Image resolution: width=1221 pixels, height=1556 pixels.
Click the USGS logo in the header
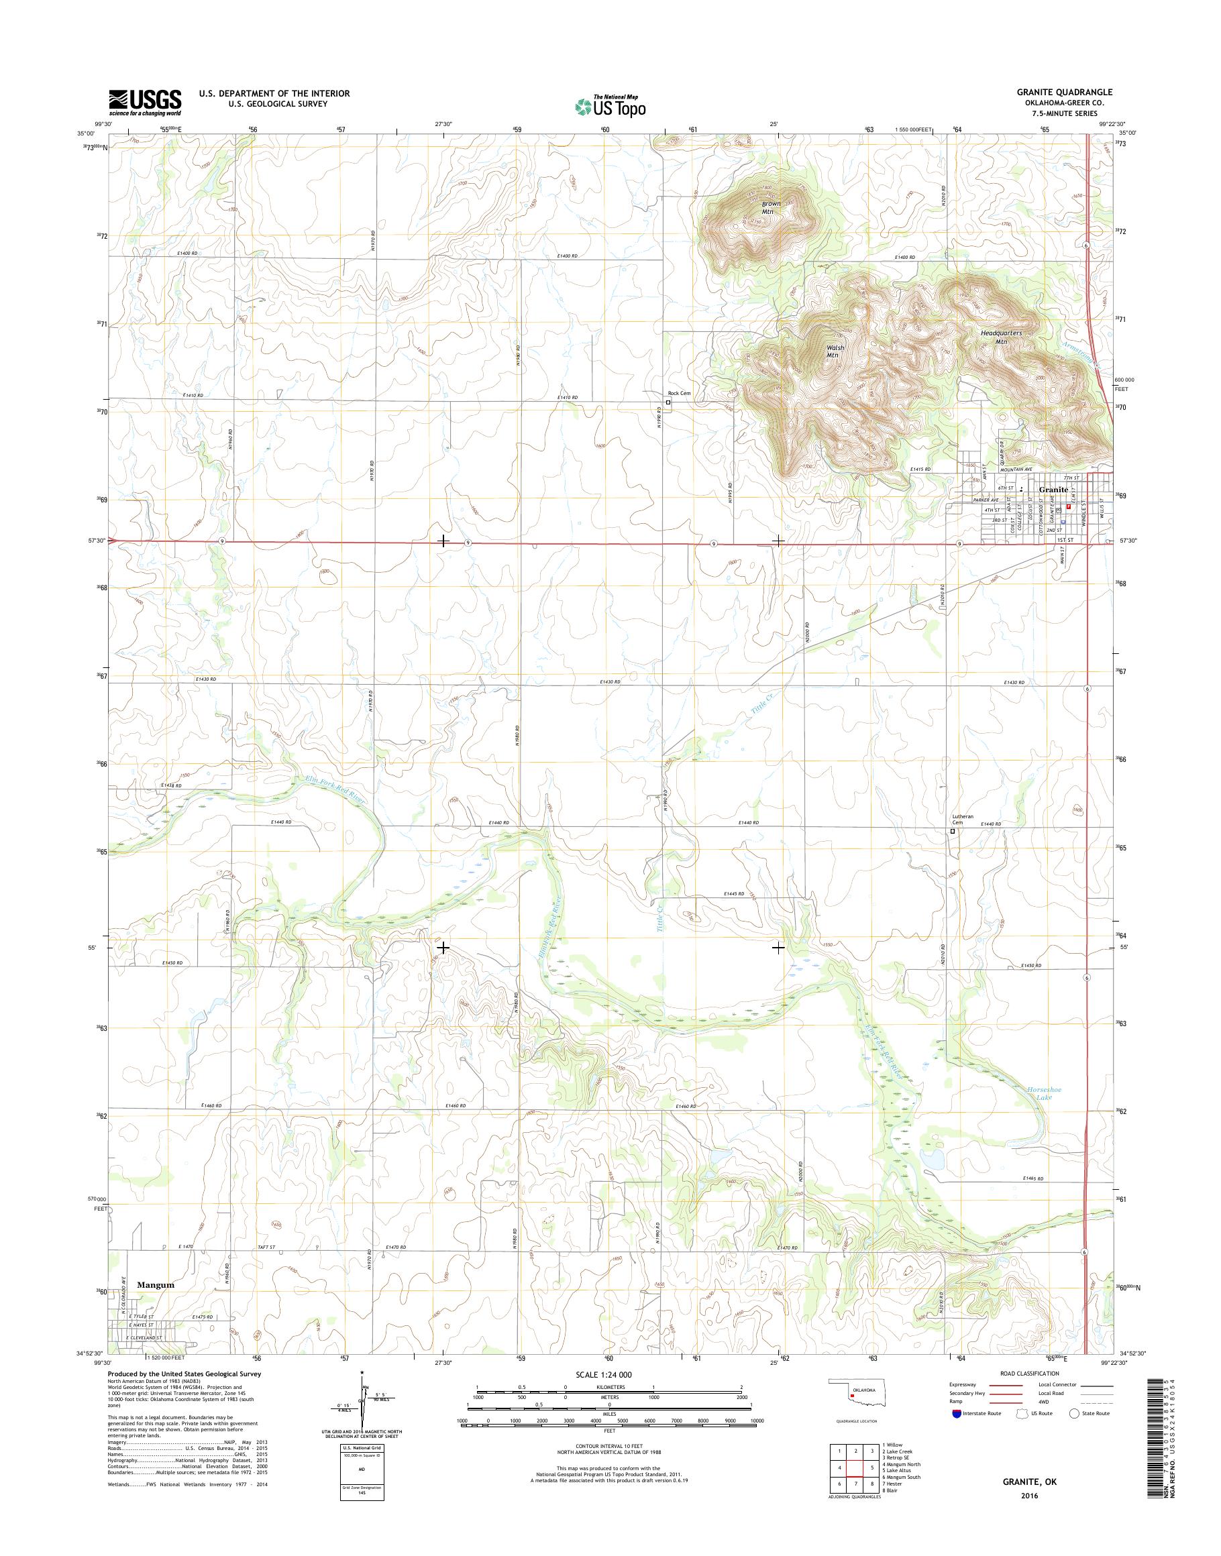144,101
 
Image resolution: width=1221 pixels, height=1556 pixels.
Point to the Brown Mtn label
770,207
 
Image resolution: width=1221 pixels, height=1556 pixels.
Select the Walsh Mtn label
835,351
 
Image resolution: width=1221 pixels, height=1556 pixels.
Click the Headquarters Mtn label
1001,337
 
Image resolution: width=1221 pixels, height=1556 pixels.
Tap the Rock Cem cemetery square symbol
668,402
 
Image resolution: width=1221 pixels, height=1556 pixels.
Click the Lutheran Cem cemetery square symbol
952,831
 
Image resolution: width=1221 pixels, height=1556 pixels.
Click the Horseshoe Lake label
1045,1113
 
